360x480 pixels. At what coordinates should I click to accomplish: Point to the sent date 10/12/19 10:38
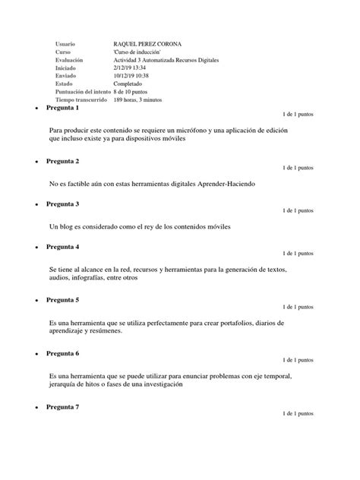[133, 76]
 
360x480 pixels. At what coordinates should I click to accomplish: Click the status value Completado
[130, 84]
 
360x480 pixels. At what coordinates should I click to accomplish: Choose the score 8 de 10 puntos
[137, 92]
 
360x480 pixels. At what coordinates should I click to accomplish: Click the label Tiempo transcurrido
[81, 99]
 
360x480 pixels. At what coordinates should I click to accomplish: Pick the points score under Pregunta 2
[297, 167]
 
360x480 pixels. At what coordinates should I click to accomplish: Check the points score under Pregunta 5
[297, 307]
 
